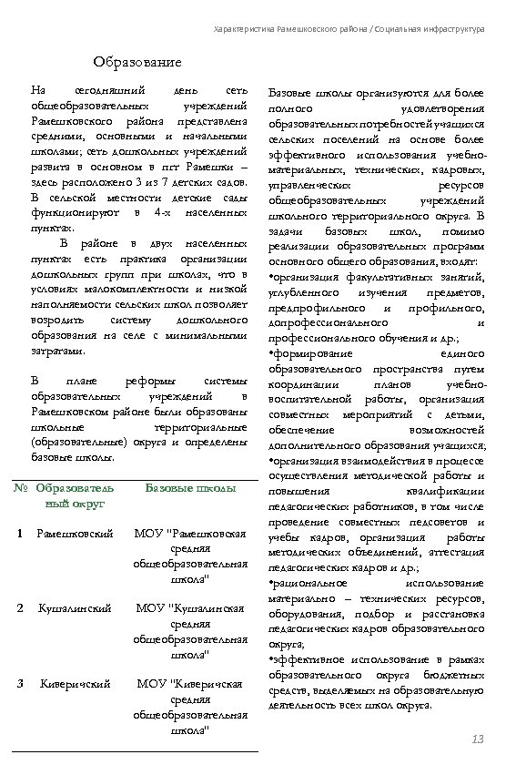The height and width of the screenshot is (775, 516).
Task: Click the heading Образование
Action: (x=137, y=63)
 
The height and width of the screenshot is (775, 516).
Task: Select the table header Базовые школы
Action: (x=191, y=489)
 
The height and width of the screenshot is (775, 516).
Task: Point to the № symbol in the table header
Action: (x=20, y=489)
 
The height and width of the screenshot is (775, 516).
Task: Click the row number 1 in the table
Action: (x=19, y=533)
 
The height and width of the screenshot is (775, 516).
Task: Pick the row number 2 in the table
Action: (x=19, y=607)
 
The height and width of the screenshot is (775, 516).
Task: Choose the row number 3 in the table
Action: (x=19, y=683)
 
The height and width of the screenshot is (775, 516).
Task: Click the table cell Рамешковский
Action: (x=75, y=533)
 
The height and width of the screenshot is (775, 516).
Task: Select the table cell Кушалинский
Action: (x=75, y=607)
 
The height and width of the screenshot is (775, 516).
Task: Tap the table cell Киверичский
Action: (x=75, y=683)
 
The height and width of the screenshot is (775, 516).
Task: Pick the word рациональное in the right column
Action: (x=310, y=580)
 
